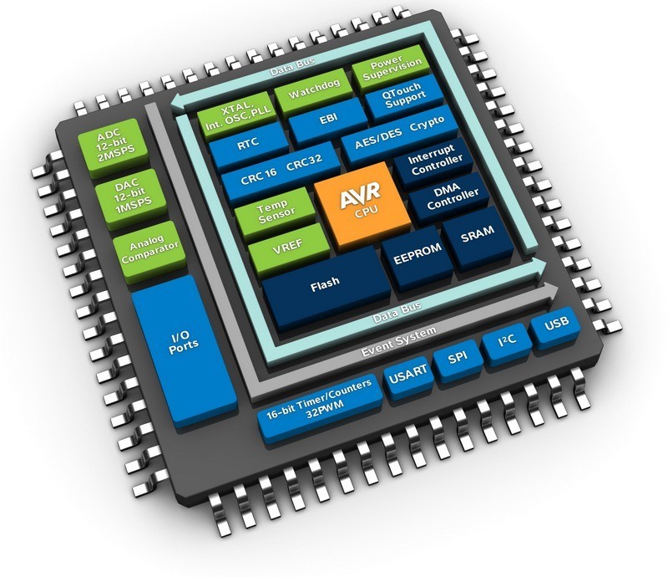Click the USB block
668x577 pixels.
click(557, 324)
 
